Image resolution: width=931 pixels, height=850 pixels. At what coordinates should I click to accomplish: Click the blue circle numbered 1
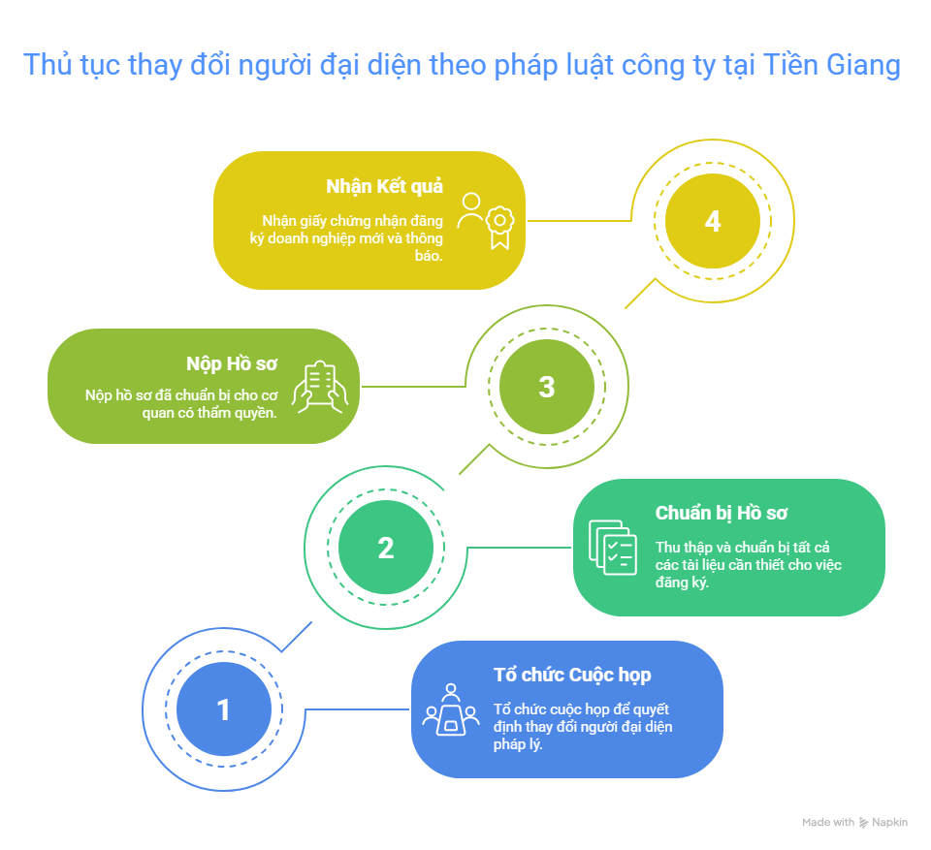[223, 709]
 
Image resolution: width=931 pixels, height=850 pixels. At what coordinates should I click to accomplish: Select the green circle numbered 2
[386, 548]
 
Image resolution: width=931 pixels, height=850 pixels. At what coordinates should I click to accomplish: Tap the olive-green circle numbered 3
[547, 387]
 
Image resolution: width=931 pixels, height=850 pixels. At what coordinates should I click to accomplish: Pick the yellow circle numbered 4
[713, 221]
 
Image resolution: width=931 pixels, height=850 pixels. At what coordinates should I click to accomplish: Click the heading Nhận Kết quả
[385, 186]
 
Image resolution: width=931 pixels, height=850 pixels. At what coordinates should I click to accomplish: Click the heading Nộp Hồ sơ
[233, 363]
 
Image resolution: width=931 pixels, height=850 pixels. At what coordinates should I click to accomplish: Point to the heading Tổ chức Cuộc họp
[572, 675]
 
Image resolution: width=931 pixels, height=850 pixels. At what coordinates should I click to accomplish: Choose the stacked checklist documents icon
[613, 548]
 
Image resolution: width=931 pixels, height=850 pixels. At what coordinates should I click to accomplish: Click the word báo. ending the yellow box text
[427, 257]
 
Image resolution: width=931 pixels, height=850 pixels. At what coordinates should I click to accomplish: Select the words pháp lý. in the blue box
[518, 744]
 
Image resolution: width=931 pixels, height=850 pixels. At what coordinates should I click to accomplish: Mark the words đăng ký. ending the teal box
[683, 583]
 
